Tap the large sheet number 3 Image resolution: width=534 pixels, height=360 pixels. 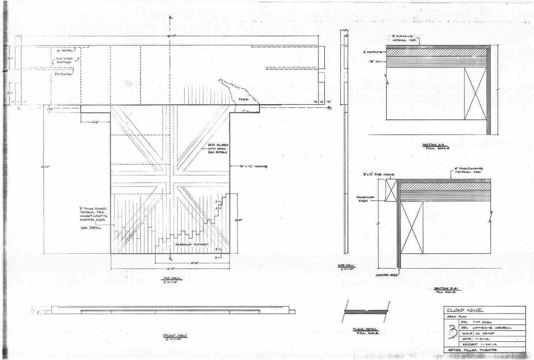point(454,333)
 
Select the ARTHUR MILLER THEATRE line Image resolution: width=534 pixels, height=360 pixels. point(473,349)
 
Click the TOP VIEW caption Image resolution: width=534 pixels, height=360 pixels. point(170,280)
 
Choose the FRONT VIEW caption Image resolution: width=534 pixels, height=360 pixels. point(170,337)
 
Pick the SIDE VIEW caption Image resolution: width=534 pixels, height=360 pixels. point(350,267)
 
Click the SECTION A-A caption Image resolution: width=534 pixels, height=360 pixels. point(430,145)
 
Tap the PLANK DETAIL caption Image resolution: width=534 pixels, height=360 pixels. point(365,331)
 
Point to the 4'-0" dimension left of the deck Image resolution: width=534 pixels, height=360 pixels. point(96,122)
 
